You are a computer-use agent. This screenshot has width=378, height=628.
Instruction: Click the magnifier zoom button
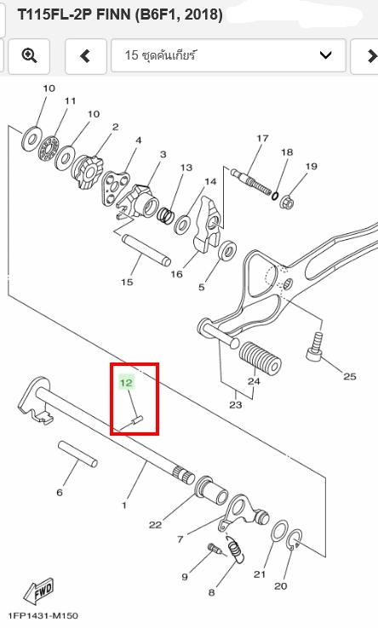pos(29,55)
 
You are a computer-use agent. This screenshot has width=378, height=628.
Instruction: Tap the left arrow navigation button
pos(85,55)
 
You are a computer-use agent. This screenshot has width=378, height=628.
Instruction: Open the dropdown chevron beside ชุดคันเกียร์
pos(325,54)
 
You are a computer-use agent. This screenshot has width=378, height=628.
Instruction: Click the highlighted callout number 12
pos(126,382)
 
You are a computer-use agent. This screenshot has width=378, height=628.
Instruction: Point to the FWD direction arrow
pos(38,591)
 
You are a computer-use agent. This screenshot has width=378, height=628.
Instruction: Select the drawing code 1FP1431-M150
pos(43,615)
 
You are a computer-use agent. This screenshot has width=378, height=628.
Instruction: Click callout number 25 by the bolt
pos(350,376)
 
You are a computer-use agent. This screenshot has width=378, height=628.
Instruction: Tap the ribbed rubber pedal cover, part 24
pos(261,357)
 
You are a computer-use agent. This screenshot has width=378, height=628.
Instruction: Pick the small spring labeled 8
pos(234,550)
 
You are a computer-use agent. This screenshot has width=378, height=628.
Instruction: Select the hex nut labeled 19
pos(287,202)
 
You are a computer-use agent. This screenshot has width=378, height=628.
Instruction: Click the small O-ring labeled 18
pos(275,196)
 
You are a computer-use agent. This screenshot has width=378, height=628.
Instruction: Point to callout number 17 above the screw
pos(262,138)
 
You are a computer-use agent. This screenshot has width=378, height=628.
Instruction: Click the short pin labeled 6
pos(77,454)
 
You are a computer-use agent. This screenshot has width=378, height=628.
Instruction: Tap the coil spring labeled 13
pos(165,215)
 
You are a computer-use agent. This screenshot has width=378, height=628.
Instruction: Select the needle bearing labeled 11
pos(48,148)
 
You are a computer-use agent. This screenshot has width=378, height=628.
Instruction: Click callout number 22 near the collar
pos(155,525)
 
